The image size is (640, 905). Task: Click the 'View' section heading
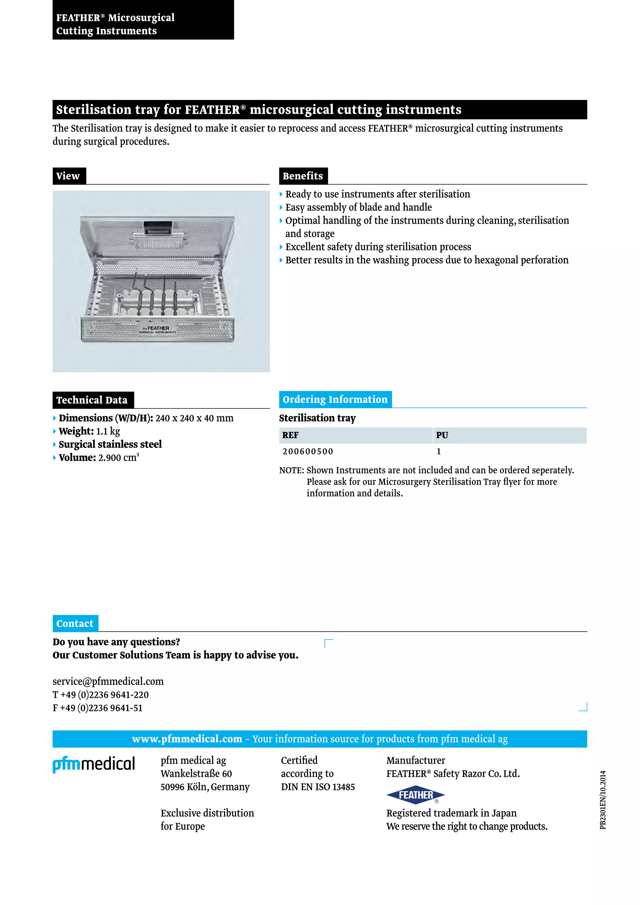pyautogui.click(x=68, y=176)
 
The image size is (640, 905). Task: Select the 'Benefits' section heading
pyautogui.click(x=303, y=176)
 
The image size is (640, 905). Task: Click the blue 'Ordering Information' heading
pyautogui.click(x=335, y=399)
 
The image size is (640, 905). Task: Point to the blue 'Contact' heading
pyautogui.click(x=75, y=623)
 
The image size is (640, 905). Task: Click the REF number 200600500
pyautogui.click(x=308, y=451)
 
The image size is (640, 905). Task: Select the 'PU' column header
pyautogui.click(x=442, y=435)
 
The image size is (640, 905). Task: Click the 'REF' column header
pyautogui.click(x=290, y=435)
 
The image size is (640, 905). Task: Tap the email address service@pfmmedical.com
pyautogui.click(x=108, y=682)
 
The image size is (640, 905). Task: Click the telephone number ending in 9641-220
pyautogui.click(x=101, y=695)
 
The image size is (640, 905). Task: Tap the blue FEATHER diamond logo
pyautogui.click(x=415, y=795)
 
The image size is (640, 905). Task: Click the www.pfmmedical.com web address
pyautogui.click(x=187, y=739)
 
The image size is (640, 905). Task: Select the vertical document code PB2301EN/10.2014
pyautogui.click(x=602, y=800)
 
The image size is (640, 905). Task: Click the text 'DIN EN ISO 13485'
pyautogui.click(x=317, y=787)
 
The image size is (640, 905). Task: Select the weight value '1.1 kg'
pyautogui.click(x=108, y=431)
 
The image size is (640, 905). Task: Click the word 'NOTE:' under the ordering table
pyautogui.click(x=292, y=470)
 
